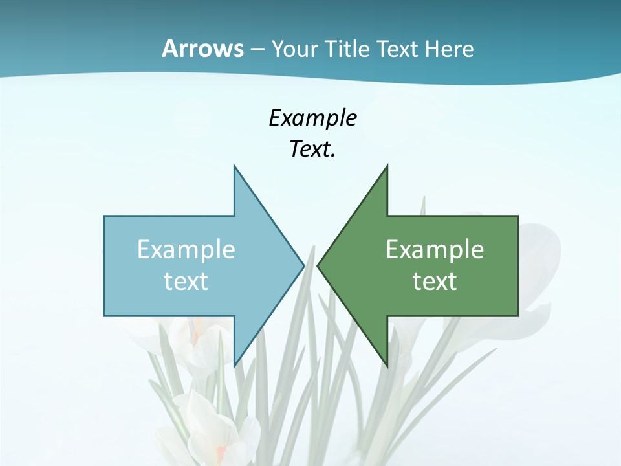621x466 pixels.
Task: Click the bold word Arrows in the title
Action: pos(202,49)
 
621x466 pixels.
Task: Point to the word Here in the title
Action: pos(450,49)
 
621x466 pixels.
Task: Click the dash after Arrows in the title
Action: pos(257,50)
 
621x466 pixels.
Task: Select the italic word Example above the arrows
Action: pos(312,118)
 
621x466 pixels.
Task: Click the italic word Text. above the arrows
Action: pos(312,149)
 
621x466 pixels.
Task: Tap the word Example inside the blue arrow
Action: pos(186,250)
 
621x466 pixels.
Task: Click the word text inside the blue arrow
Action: pos(186,282)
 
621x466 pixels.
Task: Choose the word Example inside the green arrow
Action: pos(435,250)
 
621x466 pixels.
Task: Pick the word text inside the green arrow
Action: pos(435,282)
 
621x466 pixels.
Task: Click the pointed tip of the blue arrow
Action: pos(303,265)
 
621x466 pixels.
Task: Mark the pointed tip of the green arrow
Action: pos(318,265)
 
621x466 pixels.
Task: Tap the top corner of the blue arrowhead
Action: pos(234,166)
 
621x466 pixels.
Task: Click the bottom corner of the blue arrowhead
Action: pos(234,366)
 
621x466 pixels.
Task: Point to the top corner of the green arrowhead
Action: pos(387,166)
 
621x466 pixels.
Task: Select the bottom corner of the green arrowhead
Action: pos(387,366)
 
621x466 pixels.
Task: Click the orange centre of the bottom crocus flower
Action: pos(221,450)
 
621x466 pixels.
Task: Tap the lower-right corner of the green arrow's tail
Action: pos(517,316)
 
